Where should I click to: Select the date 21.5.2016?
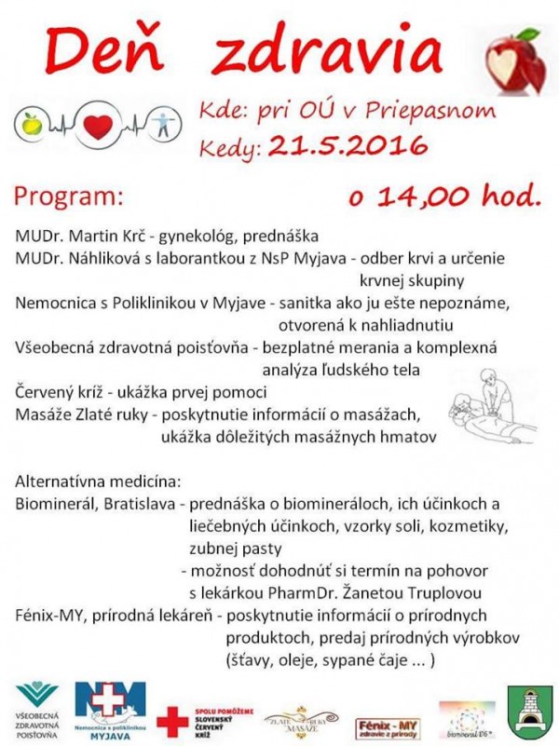[x=347, y=145]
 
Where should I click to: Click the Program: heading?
[x=68, y=197]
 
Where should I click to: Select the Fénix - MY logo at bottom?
[x=385, y=722]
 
